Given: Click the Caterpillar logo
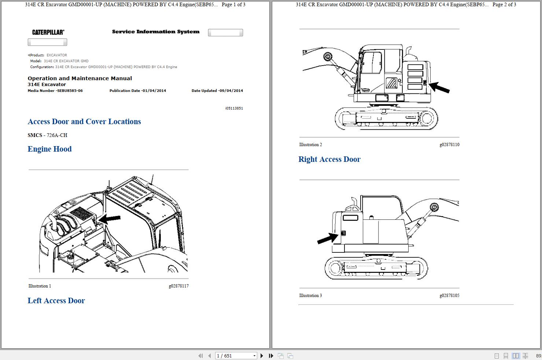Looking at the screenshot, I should point(48,32).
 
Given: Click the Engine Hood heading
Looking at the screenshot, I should point(49,149).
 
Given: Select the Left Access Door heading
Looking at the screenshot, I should point(56,301).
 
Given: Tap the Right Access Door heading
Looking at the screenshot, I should point(329,159).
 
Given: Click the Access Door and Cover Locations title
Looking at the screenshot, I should point(84,122).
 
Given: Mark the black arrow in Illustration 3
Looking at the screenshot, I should point(327,238).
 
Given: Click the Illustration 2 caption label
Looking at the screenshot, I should point(310,145).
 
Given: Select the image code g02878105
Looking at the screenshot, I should point(449,296).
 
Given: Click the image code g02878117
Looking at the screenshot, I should point(178,286).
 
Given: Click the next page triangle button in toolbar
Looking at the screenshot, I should point(262,356).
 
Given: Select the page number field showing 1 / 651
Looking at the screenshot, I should point(235,356).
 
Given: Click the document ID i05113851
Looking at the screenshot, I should point(234,108).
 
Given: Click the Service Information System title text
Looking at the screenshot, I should point(156,32).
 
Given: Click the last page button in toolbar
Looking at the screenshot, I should point(271,356).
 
